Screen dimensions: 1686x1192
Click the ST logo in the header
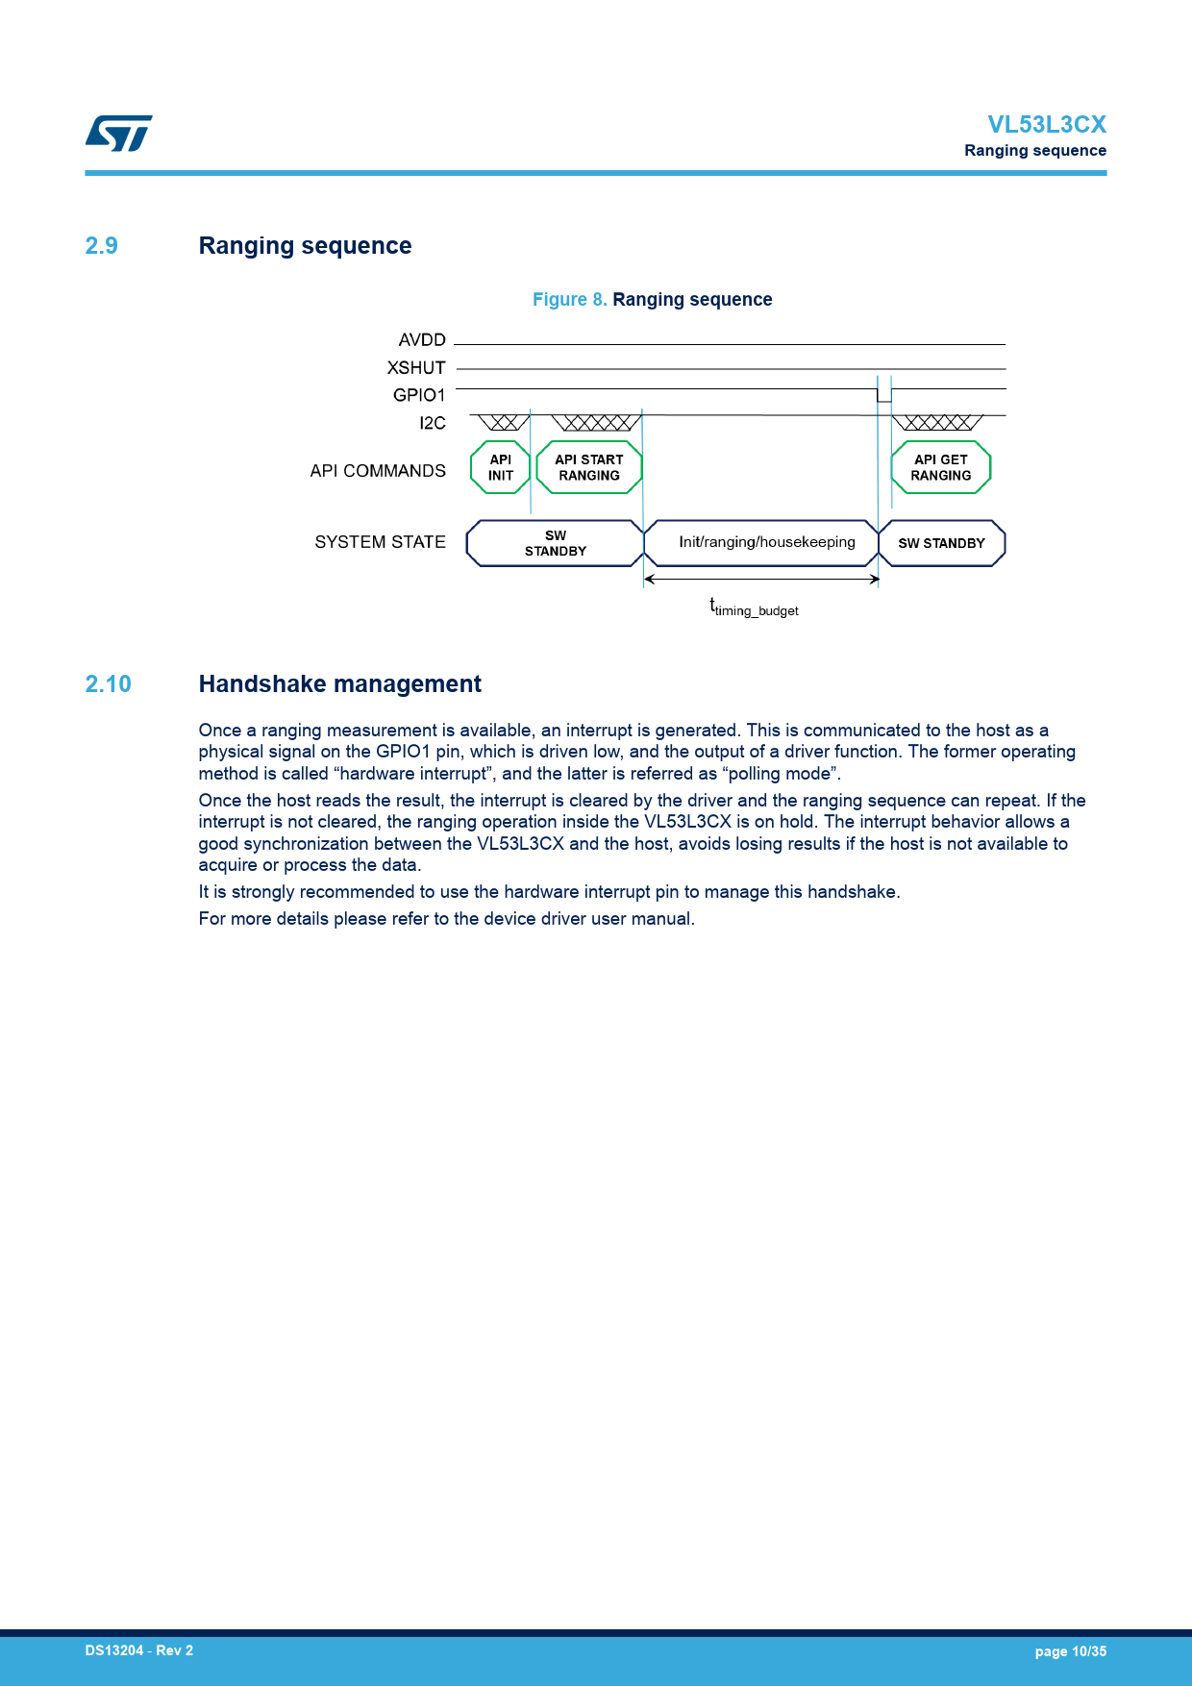(119, 134)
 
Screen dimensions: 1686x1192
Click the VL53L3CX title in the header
(1046, 125)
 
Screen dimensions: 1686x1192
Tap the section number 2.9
(101, 246)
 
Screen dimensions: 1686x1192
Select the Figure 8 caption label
(569, 300)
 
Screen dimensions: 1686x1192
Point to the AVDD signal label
(422, 340)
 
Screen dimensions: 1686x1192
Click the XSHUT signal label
(416, 368)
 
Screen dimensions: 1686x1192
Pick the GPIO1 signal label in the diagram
(419, 395)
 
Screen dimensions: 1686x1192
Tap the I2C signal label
(432, 423)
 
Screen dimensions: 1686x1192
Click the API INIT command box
(500, 468)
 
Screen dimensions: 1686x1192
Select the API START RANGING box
(588, 468)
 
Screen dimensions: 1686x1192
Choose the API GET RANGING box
(940, 468)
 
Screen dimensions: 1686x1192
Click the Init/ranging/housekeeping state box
(766, 542)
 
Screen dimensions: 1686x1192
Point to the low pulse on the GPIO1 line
(884, 396)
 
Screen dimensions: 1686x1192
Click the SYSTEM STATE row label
(380, 542)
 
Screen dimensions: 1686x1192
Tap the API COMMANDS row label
(378, 471)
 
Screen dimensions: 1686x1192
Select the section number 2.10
(108, 684)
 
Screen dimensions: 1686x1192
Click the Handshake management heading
(339, 684)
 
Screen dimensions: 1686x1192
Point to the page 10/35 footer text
(1070, 1651)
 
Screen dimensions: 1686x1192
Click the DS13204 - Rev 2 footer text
(138, 1650)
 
